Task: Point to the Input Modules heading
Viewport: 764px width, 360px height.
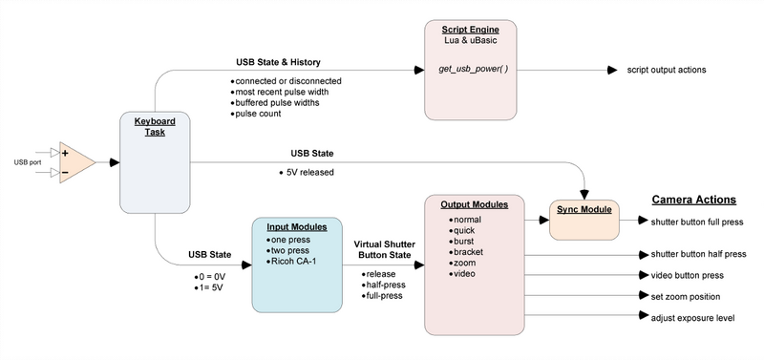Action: [296, 227]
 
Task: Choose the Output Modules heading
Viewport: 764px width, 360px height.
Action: [473, 204]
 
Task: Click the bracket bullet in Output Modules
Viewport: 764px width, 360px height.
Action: [468, 251]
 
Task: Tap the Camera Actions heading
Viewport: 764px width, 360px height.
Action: [693, 201]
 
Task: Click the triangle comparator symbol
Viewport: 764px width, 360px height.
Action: [77, 162]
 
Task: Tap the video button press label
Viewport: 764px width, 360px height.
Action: [686, 275]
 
